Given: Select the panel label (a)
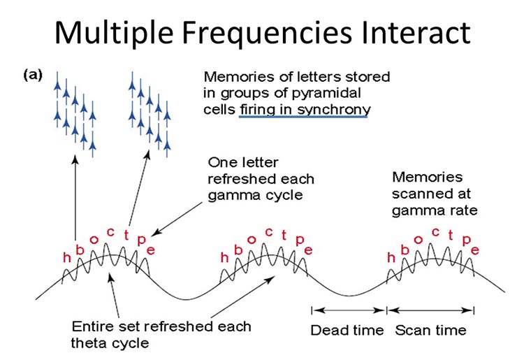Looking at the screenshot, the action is [33, 75].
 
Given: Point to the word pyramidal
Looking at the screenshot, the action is [326, 94].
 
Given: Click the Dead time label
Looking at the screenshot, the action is [347, 330].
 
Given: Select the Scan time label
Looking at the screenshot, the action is [430, 330].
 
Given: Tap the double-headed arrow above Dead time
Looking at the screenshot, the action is [349, 310].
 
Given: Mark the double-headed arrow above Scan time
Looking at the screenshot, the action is [430, 310].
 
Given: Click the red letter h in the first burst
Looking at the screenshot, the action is [67, 257].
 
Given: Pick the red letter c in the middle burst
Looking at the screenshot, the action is [269, 232].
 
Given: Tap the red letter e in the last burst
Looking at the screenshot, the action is [474, 250].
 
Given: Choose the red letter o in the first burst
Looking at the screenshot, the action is [94, 240].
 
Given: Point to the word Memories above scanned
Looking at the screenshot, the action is [427, 177].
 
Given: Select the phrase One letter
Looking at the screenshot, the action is [243, 163].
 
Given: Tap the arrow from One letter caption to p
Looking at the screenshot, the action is [177, 219].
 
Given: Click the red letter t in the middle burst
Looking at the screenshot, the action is [284, 236].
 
